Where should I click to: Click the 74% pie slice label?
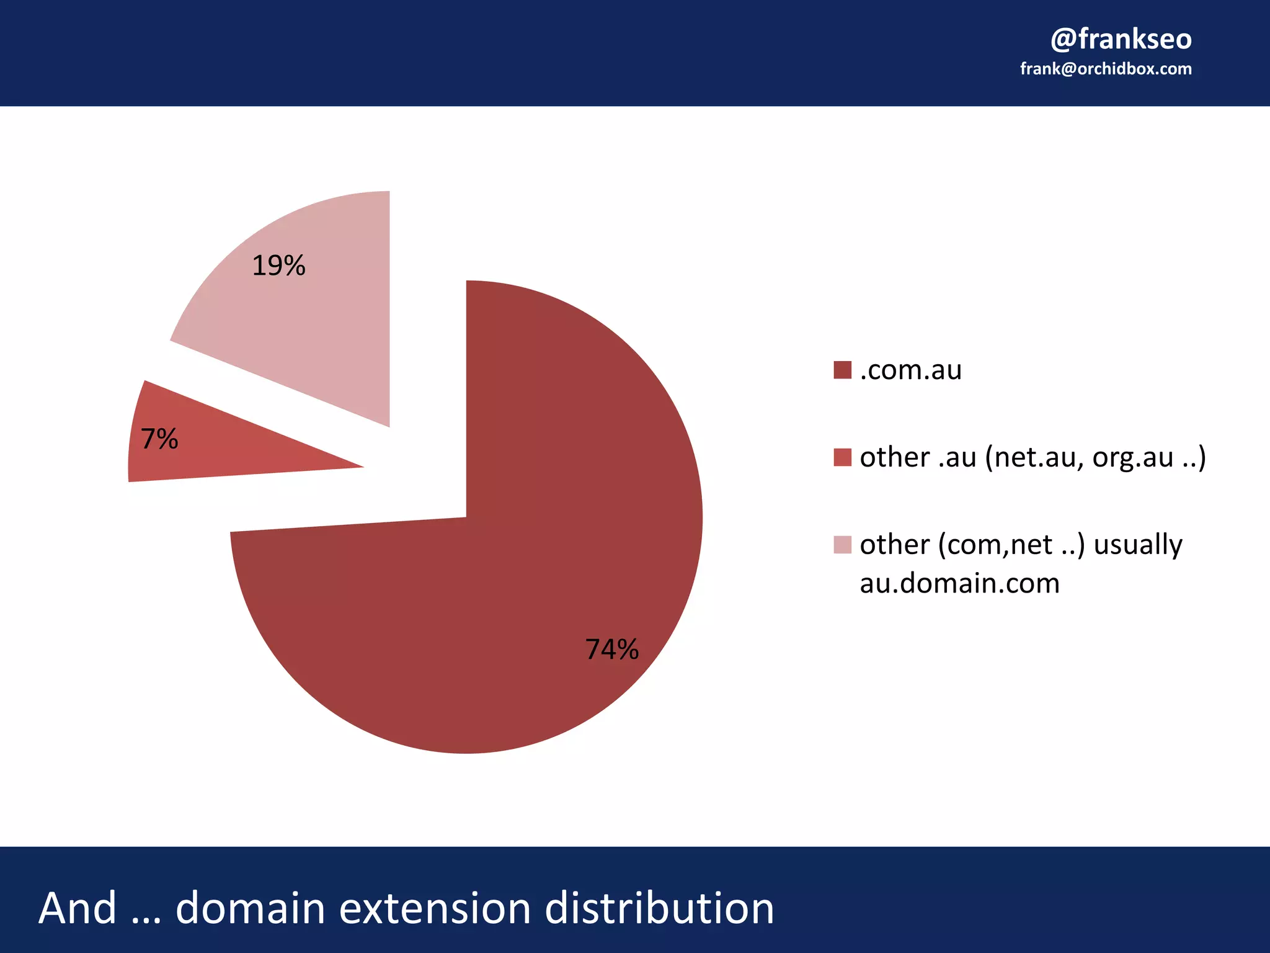click(611, 650)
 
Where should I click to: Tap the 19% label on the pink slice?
click(278, 266)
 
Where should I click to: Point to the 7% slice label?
click(159, 439)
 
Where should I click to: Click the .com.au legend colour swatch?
click(842, 370)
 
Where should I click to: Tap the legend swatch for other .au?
click(842, 457)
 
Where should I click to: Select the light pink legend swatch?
click(842, 545)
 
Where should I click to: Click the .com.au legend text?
click(910, 370)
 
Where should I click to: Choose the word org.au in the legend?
click(1133, 458)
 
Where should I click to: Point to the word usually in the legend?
click(1137, 545)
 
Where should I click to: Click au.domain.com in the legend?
click(959, 583)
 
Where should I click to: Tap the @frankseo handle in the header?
click(1121, 39)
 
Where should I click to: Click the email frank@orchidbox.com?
click(1106, 69)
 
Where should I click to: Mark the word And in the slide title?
click(78, 908)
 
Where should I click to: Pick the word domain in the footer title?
click(251, 908)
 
